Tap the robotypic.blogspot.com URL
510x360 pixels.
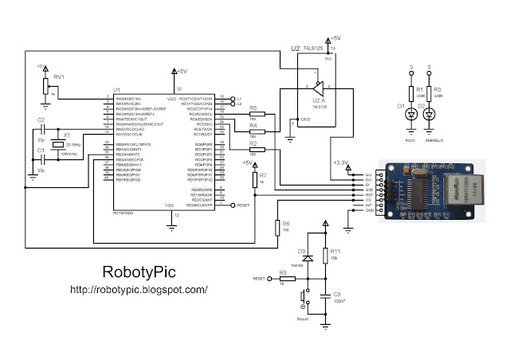(x=139, y=291)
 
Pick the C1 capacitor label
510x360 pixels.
(x=41, y=150)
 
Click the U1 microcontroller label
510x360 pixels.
(x=116, y=89)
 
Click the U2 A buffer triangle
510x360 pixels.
(x=316, y=87)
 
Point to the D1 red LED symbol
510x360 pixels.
(x=411, y=114)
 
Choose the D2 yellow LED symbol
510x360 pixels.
(x=430, y=114)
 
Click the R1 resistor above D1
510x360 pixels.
(x=411, y=94)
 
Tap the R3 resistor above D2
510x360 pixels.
(x=430, y=94)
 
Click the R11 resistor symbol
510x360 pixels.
(x=326, y=256)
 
